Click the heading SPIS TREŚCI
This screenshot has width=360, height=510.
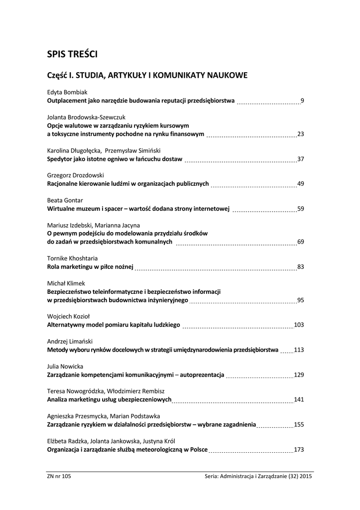click(75, 54)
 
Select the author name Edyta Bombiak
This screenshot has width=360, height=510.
click(67, 92)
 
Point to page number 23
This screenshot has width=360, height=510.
click(300, 134)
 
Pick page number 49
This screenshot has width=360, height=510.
click(300, 184)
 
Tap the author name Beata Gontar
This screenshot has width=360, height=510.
click(65, 200)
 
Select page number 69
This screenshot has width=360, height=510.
click(300, 242)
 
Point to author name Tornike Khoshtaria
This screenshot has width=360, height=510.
click(72, 258)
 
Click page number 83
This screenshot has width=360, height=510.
click(300, 267)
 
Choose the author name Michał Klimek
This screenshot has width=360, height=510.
click(66, 283)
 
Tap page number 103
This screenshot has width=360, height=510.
click(299, 325)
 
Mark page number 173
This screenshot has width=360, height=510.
click(299, 450)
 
